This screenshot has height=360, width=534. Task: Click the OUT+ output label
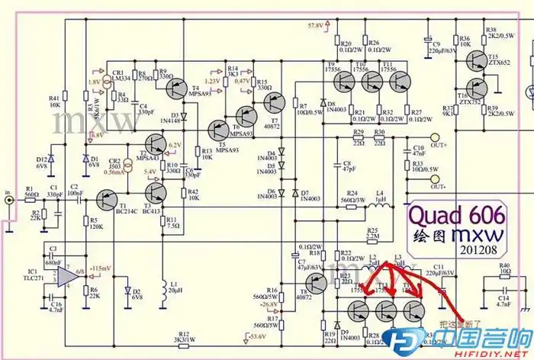point(439,144)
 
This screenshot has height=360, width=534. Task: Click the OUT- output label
point(438,185)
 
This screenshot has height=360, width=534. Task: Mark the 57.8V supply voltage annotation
point(316,26)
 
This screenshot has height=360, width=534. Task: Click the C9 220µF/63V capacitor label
point(446,47)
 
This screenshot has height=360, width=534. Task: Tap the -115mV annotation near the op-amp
point(101,269)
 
